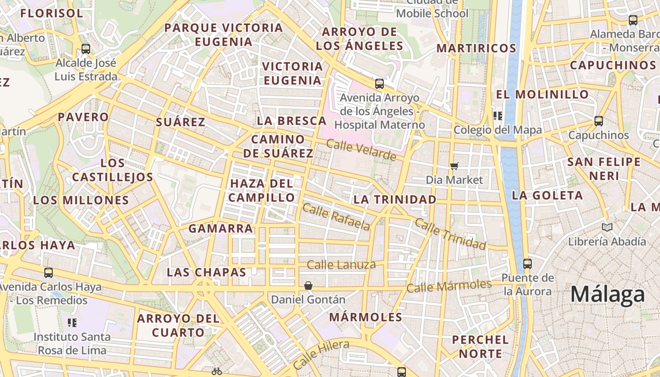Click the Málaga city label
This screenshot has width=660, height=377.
607,295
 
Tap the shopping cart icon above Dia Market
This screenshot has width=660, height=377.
454,166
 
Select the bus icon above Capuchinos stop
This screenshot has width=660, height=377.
598,121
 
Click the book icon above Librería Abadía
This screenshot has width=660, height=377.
607,228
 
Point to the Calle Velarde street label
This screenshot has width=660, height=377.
361,150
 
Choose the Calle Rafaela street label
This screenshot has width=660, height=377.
336,217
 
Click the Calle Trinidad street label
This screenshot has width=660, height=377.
450,234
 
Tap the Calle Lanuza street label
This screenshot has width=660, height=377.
341,264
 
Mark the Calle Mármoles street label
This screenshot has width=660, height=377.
449,286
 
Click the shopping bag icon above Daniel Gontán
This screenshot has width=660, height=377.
308,286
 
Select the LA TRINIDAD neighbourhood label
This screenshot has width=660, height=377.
395,199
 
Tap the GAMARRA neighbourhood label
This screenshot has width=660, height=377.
221,229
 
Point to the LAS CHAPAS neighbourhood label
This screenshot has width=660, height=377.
206,272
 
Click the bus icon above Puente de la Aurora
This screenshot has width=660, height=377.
527,263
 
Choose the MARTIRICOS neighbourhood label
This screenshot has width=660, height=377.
476,48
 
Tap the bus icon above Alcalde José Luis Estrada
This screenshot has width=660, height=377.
86,49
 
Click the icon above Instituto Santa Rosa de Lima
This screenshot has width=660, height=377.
72,323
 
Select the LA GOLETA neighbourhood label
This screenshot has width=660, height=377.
547,195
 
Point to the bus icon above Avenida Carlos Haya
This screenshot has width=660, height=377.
48,272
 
